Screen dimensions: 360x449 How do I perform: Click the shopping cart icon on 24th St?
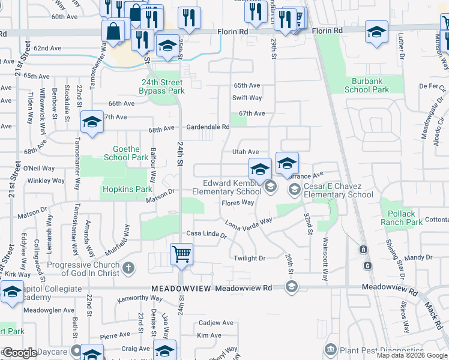pos(181,254)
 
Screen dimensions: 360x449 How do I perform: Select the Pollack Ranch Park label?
pos(402,218)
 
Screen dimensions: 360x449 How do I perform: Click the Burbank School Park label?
pos(367,85)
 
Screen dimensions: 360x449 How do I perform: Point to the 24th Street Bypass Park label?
pos(161,86)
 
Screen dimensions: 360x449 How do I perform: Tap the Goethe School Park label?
pos(126,153)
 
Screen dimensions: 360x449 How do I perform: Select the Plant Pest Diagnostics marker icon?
pos(330,349)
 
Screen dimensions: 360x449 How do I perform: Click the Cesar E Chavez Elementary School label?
pos(339,190)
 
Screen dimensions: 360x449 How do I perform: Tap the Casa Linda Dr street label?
pos(206,235)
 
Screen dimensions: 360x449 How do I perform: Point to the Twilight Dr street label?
pos(249,258)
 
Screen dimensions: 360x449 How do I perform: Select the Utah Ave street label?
pos(245,152)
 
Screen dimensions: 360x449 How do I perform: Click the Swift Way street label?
pos(247,98)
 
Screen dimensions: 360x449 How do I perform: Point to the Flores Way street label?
pos(238,203)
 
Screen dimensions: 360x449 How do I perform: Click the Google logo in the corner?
pos(20,353)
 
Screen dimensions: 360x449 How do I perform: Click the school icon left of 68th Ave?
pos(91,123)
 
